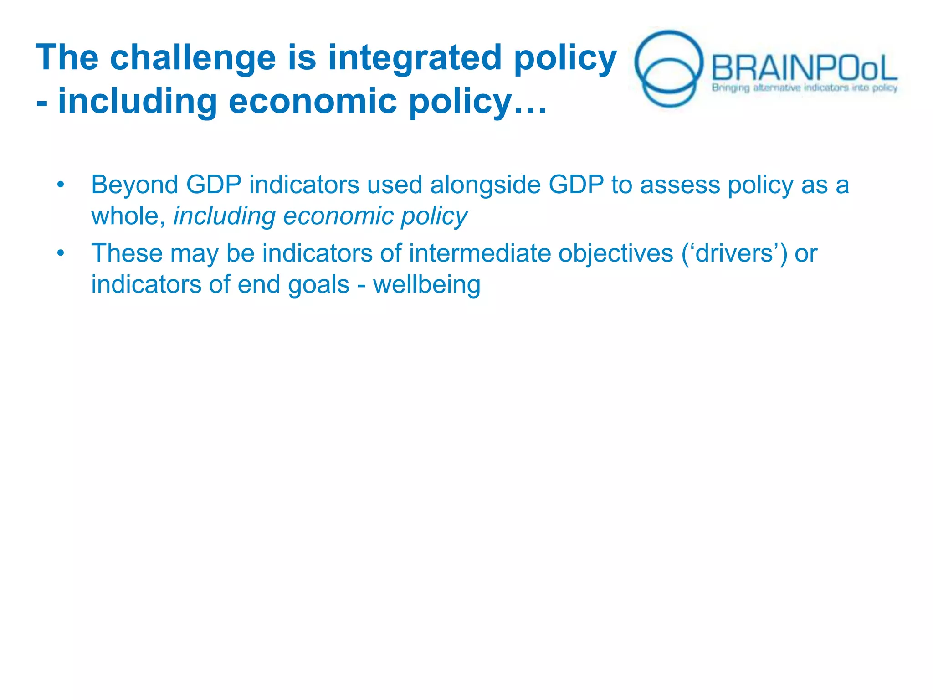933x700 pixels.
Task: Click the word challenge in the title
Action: coord(192,58)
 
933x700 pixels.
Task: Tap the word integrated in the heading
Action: coord(415,58)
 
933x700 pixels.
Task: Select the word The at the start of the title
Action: coord(67,57)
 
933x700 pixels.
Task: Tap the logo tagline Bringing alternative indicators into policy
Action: coord(805,87)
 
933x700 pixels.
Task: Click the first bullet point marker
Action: coord(61,185)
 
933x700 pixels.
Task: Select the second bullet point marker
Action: coord(61,253)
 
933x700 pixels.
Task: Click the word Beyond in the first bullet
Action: coord(134,185)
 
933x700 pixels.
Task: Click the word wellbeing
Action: coord(426,285)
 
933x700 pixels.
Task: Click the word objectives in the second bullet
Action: coord(615,253)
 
